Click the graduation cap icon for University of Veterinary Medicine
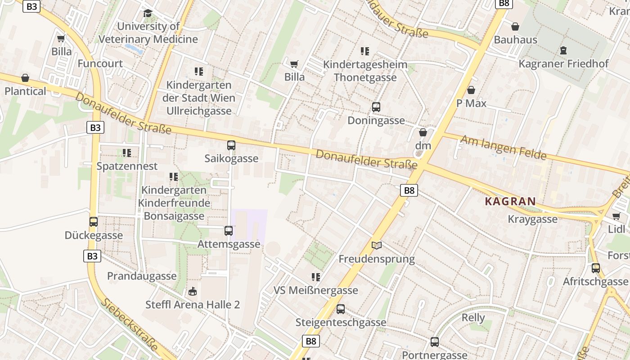[148, 13]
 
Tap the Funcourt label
[100, 63]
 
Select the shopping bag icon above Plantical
[25, 78]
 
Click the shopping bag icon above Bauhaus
[515, 27]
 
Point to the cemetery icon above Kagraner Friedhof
[563, 50]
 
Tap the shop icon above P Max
[471, 90]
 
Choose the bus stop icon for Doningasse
[376, 107]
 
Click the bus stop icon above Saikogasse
[231, 145]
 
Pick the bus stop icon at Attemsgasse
[229, 231]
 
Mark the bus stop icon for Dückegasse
[94, 222]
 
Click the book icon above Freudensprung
[377, 246]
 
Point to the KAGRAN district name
[510, 202]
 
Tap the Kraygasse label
[532, 219]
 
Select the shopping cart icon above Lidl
[616, 216]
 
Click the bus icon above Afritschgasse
[596, 268]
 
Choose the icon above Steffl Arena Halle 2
[193, 292]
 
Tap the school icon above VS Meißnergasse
[316, 277]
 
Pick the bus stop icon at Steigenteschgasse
[341, 309]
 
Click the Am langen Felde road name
[503, 148]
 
